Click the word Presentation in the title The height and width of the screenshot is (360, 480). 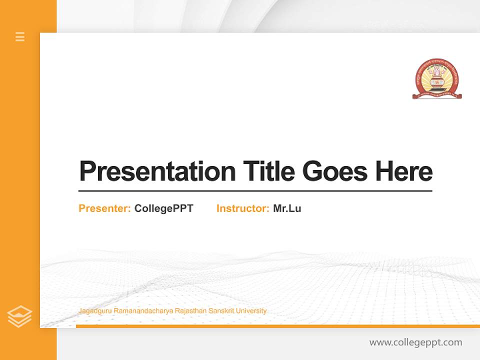[x=157, y=171]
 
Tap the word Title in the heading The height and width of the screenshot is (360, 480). [x=269, y=171]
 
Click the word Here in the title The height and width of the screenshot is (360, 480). [x=404, y=171]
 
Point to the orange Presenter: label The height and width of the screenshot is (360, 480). [x=105, y=208]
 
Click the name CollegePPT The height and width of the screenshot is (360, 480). [x=163, y=208]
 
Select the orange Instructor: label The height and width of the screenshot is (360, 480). [x=243, y=208]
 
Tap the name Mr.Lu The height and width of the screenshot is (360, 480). [x=287, y=208]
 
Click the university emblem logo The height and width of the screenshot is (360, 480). [x=437, y=78]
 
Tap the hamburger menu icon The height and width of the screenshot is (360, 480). [x=20, y=36]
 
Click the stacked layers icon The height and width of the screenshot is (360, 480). [x=19, y=316]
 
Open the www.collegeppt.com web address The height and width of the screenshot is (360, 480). [x=415, y=342]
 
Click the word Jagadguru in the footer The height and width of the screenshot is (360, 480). [x=95, y=311]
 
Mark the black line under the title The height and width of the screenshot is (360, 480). [x=255, y=190]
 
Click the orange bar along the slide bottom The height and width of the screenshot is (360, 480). [x=277, y=326]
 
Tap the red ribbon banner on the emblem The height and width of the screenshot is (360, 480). [x=437, y=94]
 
